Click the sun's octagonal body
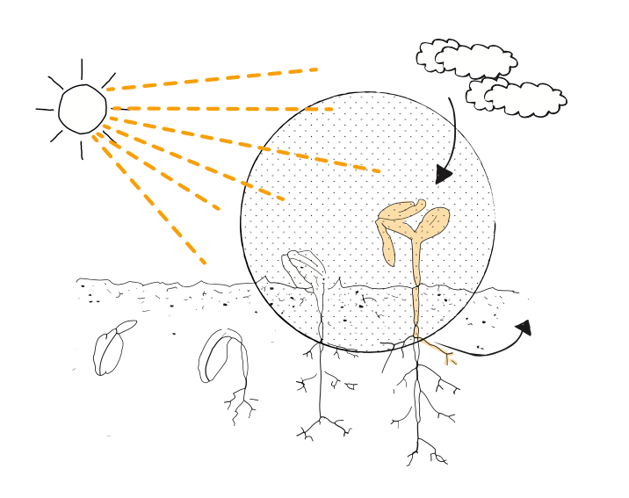pos(83,109)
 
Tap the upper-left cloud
pos(466,59)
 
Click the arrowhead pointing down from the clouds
pos(444,174)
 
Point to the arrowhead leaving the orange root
pos(523,328)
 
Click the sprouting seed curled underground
pos(220,355)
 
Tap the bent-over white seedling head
pos(304,266)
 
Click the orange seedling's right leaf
pos(432,221)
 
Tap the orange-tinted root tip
pos(449,357)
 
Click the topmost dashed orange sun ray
pos(212,79)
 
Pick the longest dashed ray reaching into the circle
pos(246,144)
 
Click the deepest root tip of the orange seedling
pos(411,459)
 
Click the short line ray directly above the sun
pos(82,69)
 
